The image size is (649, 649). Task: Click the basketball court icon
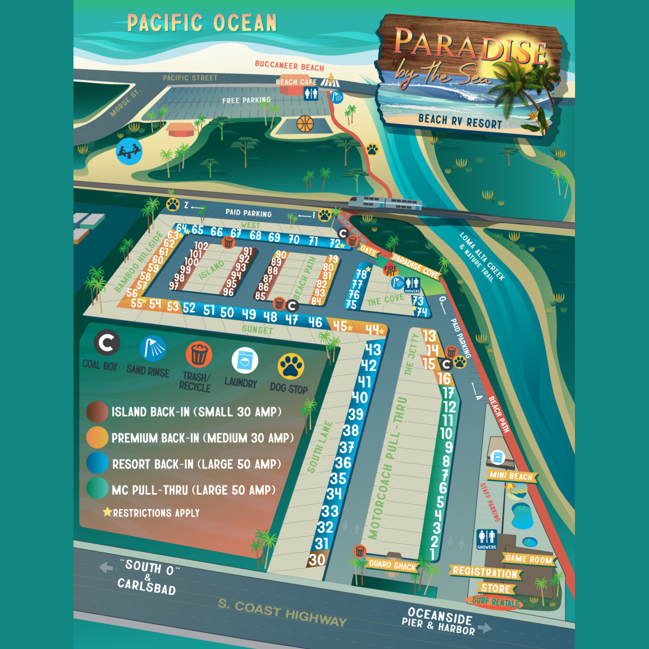(305, 124)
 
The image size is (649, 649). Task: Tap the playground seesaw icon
(129, 151)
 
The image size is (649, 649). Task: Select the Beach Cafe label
(296, 82)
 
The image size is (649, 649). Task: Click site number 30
(317, 560)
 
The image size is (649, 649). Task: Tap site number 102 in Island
(201, 246)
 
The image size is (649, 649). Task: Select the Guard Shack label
(392, 565)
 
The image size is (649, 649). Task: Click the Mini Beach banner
(511, 476)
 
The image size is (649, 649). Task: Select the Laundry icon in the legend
(245, 360)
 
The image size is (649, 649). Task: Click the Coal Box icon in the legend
(107, 343)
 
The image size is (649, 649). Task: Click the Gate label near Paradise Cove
(368, 251)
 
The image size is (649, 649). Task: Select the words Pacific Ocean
(202, 23)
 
